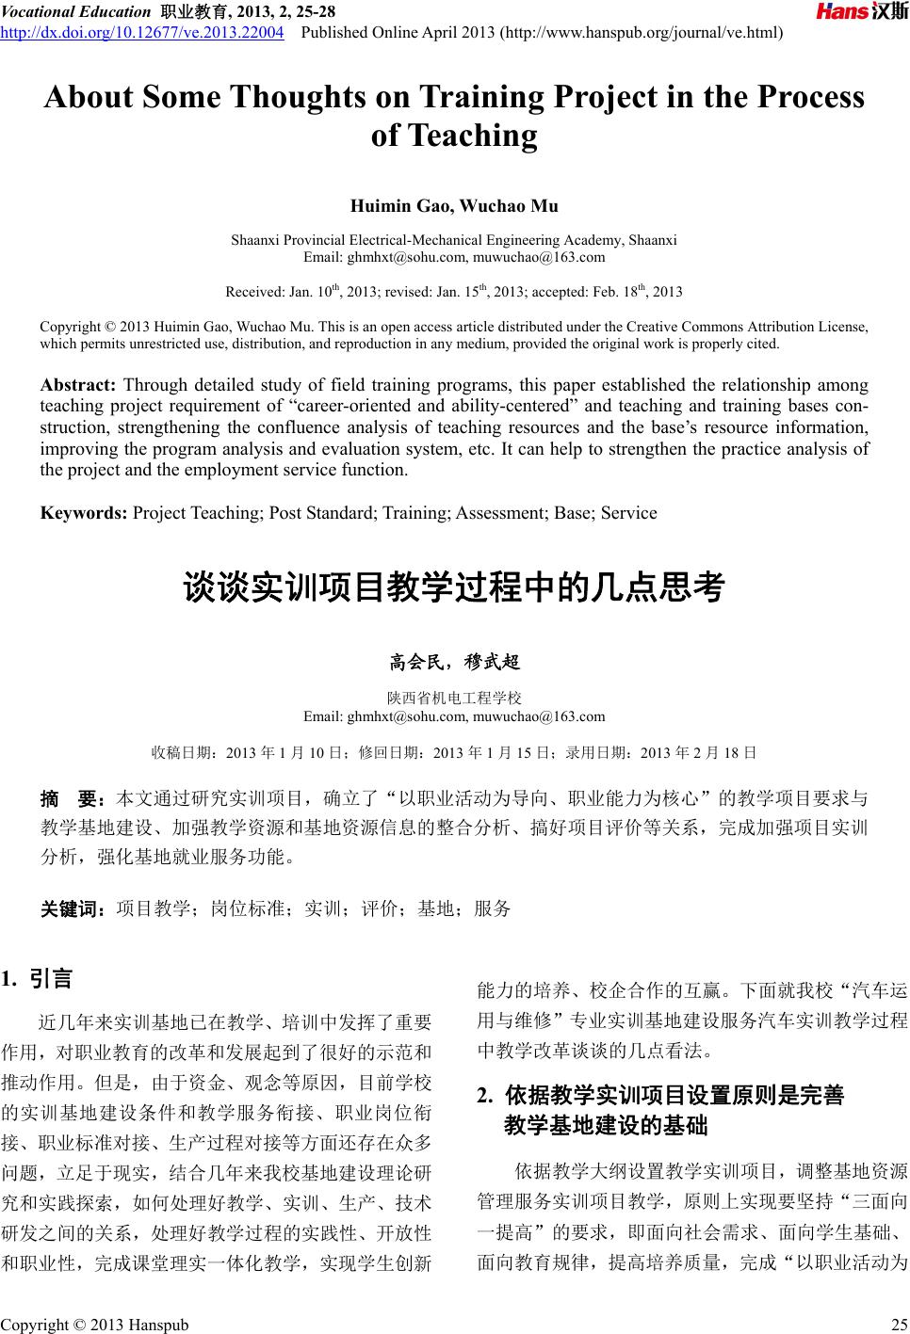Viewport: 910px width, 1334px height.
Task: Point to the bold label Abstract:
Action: (x=77, y=385)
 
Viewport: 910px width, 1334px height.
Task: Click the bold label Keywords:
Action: (x=84, y=513)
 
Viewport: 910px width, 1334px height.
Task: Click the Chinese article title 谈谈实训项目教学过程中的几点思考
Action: (x=454, y=588)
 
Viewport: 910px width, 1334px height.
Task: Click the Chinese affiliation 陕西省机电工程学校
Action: (x=454, y=699)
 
